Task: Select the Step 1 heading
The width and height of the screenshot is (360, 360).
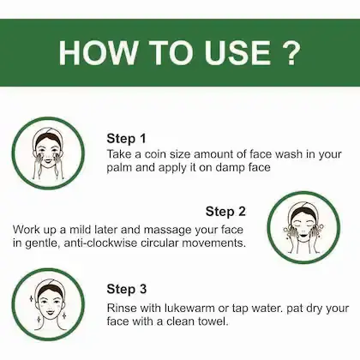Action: point(127,138)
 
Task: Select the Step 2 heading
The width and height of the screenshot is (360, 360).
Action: point(225,211)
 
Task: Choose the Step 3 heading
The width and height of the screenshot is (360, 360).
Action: point(127,289)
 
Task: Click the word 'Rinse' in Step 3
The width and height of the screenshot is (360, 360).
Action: point(123,307)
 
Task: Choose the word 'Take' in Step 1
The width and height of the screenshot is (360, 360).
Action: point(121,153)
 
